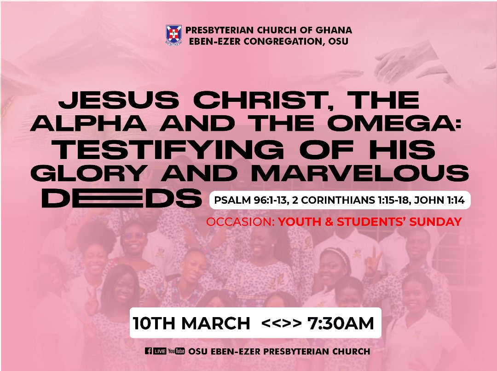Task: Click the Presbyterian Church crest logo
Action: click(x=173, y=35)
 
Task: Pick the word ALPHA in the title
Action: click(x=88, y=124)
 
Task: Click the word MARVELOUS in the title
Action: click(x=360, y=174)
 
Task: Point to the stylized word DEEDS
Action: click(x=122, y=198)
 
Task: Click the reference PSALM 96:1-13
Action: click(x=250, y=200)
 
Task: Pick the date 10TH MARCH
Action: click(x=192, y=324)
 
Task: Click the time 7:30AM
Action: click(x=341, y=323)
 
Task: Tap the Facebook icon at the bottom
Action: click(x=148, y=351)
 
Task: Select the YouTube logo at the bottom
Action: click(x=176, y=351)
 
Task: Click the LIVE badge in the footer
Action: click(x=160, y=351)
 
